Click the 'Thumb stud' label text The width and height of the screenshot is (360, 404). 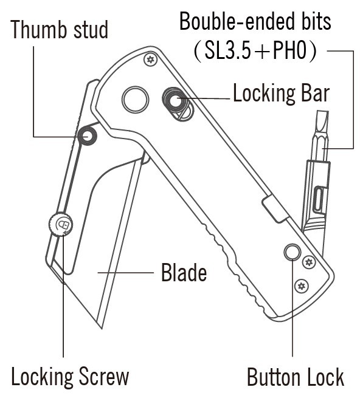point(60,30)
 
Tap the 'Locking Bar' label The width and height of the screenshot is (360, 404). point(282,94)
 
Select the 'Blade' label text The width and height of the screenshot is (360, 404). point(184,272)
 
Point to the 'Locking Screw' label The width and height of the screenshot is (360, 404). point(70,377)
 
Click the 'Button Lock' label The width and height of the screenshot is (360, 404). point(296,377)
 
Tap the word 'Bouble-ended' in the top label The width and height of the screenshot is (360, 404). point(236,21)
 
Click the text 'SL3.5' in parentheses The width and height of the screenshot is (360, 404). point(227,50)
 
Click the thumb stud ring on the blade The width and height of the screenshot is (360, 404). point(87,135)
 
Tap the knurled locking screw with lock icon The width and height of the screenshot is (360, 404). point(61,224)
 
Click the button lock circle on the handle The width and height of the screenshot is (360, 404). point(292,252)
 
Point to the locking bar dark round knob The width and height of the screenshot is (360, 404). point(175,100)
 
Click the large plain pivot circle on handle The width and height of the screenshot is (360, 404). point(135,100)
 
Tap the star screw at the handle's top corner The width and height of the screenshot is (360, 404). point(150,60)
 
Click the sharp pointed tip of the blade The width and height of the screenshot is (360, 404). point(102,329)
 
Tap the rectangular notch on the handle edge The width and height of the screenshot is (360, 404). point(275,209)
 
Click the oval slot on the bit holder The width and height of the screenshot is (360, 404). point(320,200)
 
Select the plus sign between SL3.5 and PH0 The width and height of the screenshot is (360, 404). point(261,51)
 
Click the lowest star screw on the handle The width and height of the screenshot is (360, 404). point(301,286)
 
